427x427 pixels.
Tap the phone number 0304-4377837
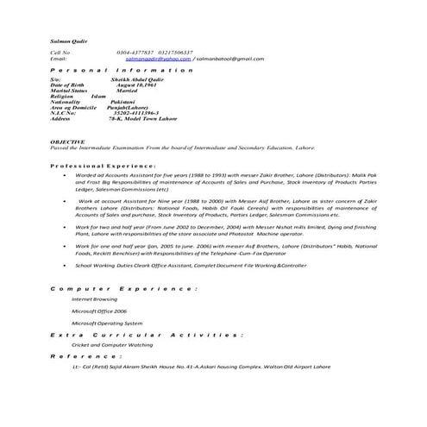click(135, 52)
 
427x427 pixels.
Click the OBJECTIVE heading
click(66, 140)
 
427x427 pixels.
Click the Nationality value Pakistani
click(127, 102)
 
